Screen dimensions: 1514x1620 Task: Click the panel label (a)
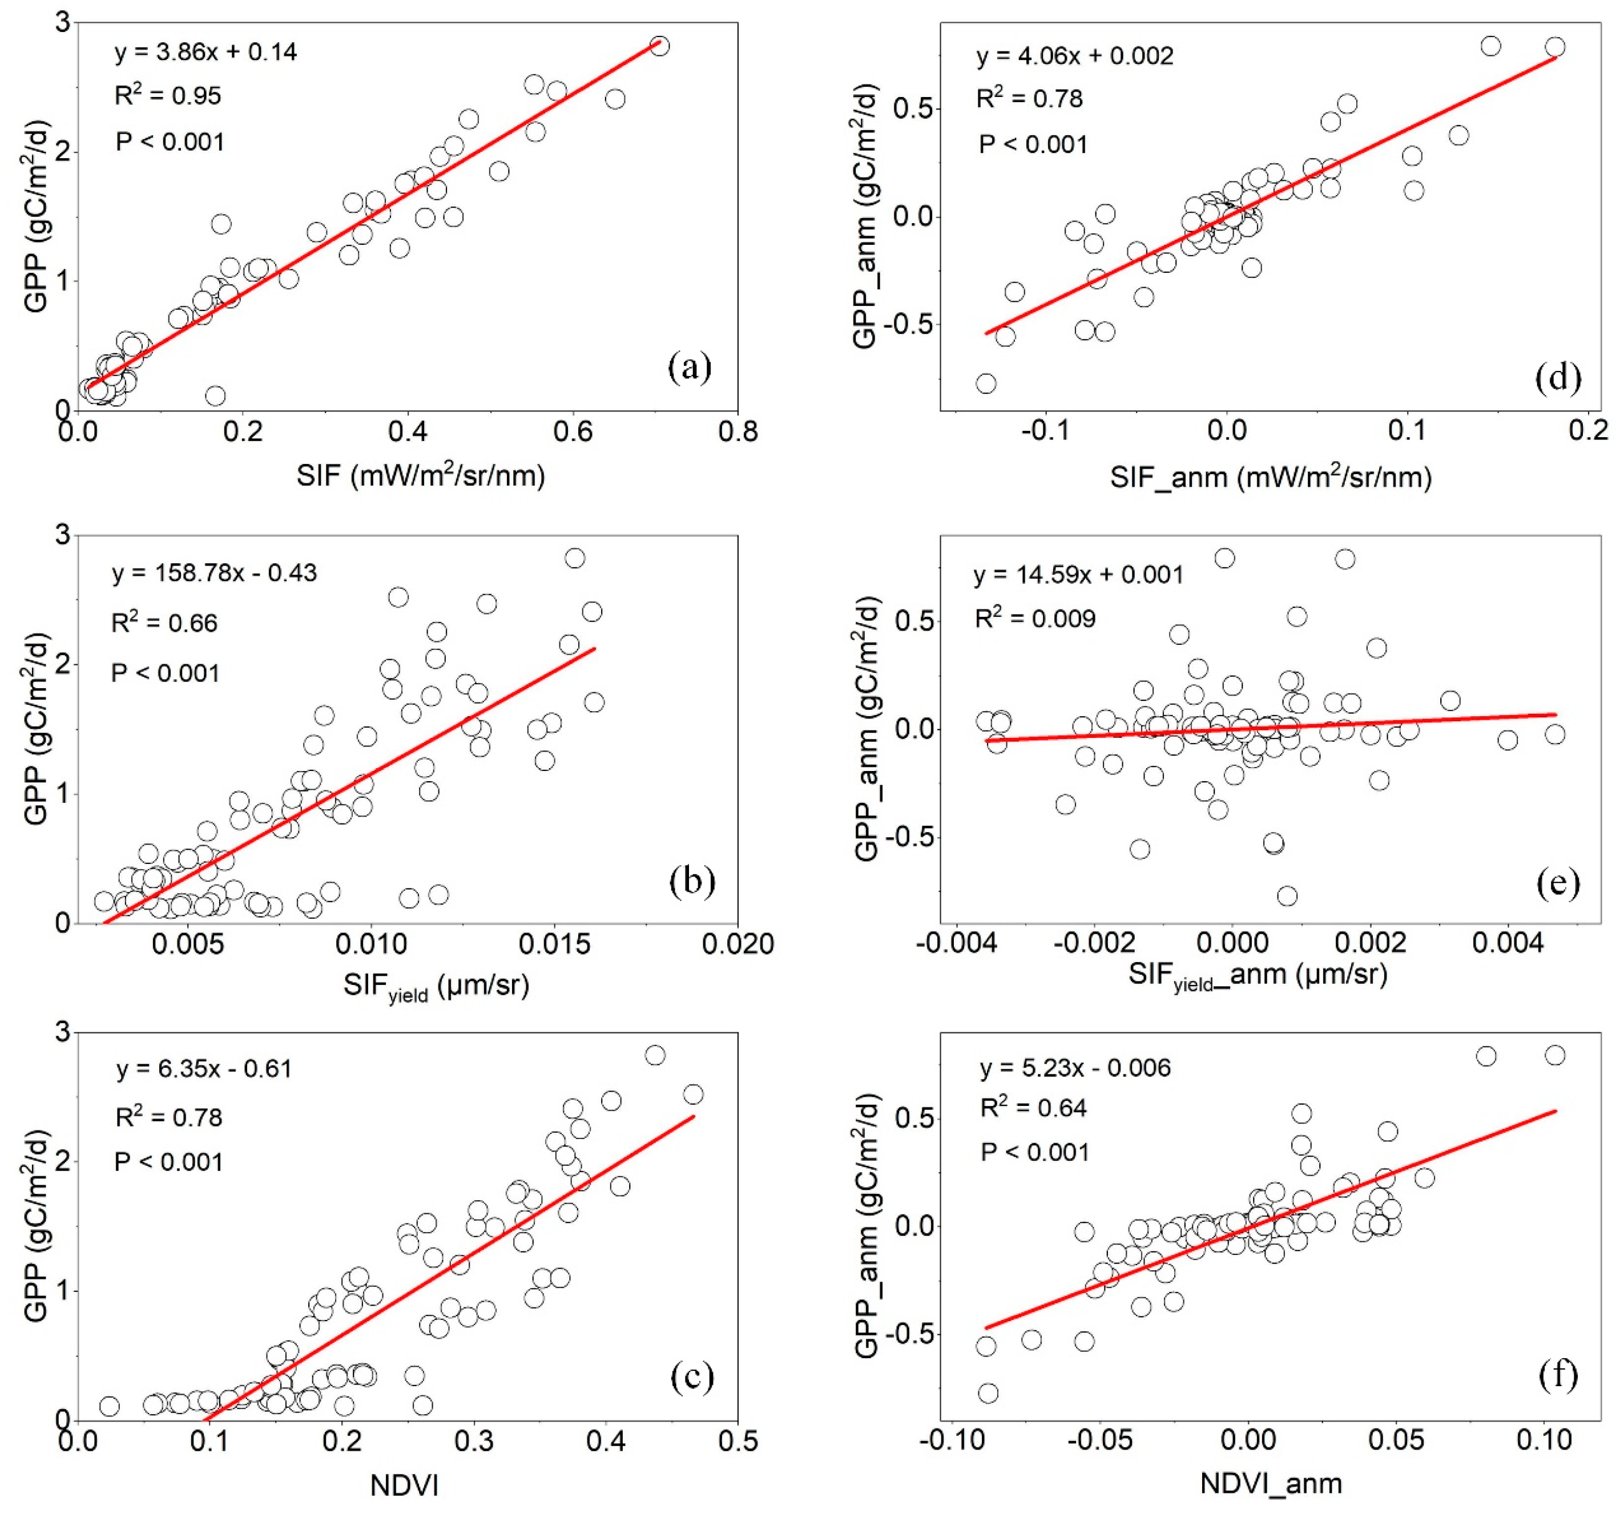pyautogui.click(x=690, y=368)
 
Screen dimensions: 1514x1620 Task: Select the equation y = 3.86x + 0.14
pyautogui.click(x=205, y=52)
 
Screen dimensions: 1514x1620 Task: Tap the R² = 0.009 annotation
pyautogui.click(x=1035, y=619)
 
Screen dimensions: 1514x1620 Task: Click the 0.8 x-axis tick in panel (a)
pyautogui.click(x=738, y=431)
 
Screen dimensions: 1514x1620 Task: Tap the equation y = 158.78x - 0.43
pyautogui.click(x=214, y=573)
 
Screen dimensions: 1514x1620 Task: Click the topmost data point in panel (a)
pyautogui.click(x=660, y=46)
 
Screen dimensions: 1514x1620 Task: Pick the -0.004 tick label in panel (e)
pyautogui.click(x=957, y=943)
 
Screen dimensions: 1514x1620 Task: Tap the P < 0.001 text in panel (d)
pyautogui.click(x=1033, y=144)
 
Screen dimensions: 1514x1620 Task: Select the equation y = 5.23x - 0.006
pyautogui.click(x=1075, y=1068)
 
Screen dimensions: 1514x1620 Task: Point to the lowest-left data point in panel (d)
pyautogui.click(x=986, y=383)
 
